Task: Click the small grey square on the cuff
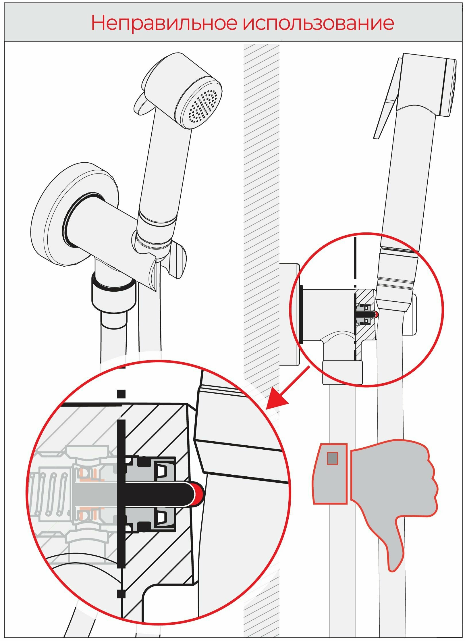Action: (x=332, y=458)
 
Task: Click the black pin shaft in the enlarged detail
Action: (x=161, y=493)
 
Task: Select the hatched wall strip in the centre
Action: (x=261, y=201)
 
